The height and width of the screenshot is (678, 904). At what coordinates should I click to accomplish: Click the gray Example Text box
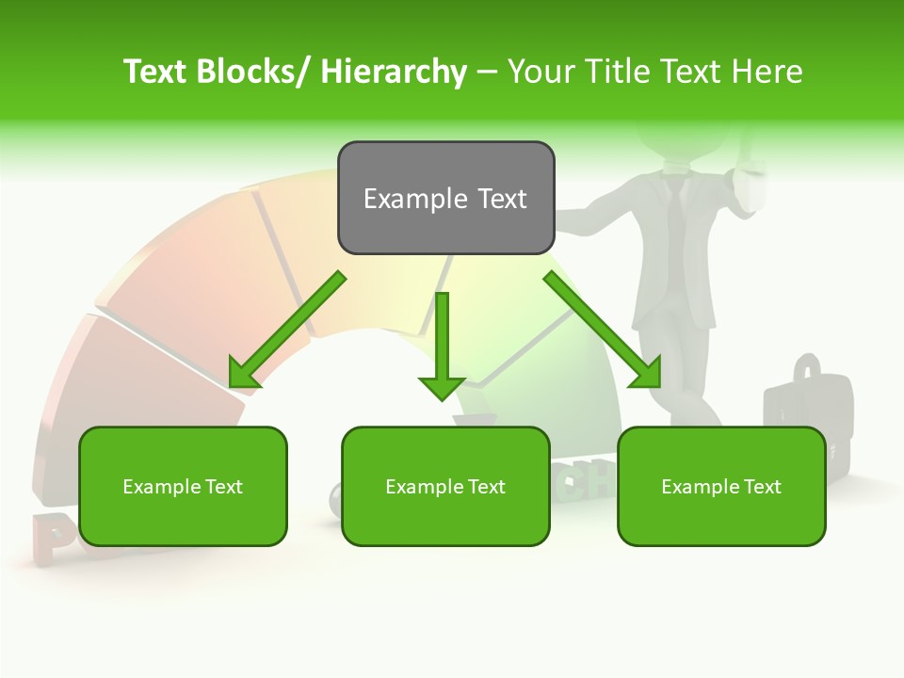click(x=445, y=198)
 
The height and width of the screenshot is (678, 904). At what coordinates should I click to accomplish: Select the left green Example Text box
click(x=183, y=486)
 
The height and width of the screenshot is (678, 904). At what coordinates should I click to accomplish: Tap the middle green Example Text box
click(x=445, y=486)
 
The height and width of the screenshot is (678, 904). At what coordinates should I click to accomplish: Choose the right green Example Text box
click(x=721, y=486)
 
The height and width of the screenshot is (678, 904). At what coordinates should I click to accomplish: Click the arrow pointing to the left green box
click(x=287, y=330)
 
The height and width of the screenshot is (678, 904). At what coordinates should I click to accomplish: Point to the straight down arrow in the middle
click(x=442, y=345)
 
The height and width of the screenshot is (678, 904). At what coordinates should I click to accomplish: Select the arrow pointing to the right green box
click(x=603, y=330)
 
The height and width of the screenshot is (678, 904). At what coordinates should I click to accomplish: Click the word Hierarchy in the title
click(x=394, y=72)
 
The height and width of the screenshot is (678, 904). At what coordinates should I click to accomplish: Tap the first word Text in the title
click(x=155, y=72)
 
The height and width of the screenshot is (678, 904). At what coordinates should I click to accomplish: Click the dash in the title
click(x=487, y=72)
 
